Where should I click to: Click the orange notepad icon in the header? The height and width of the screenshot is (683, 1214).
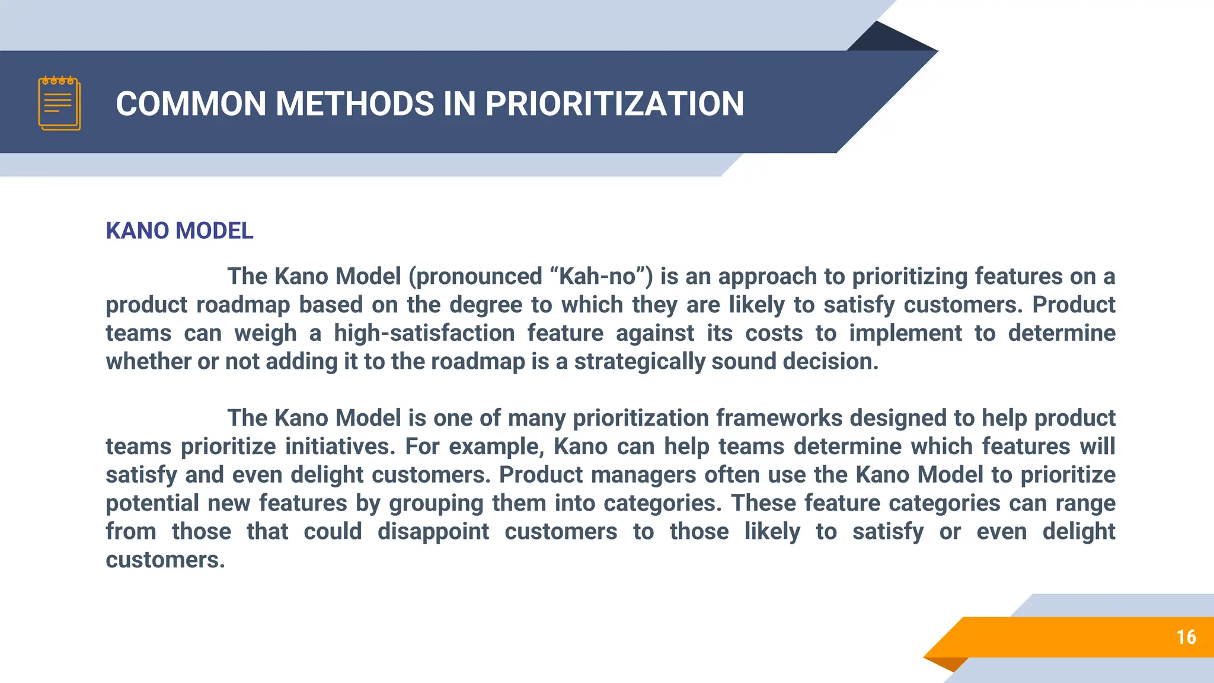59,104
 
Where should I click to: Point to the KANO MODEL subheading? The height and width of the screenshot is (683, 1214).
180,231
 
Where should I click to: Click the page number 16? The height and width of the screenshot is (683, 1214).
1186,637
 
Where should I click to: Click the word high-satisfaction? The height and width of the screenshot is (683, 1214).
424,333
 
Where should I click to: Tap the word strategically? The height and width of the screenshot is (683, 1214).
640,362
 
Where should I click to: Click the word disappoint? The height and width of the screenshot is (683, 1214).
433,532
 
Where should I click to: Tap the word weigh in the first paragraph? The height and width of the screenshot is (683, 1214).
266,333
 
